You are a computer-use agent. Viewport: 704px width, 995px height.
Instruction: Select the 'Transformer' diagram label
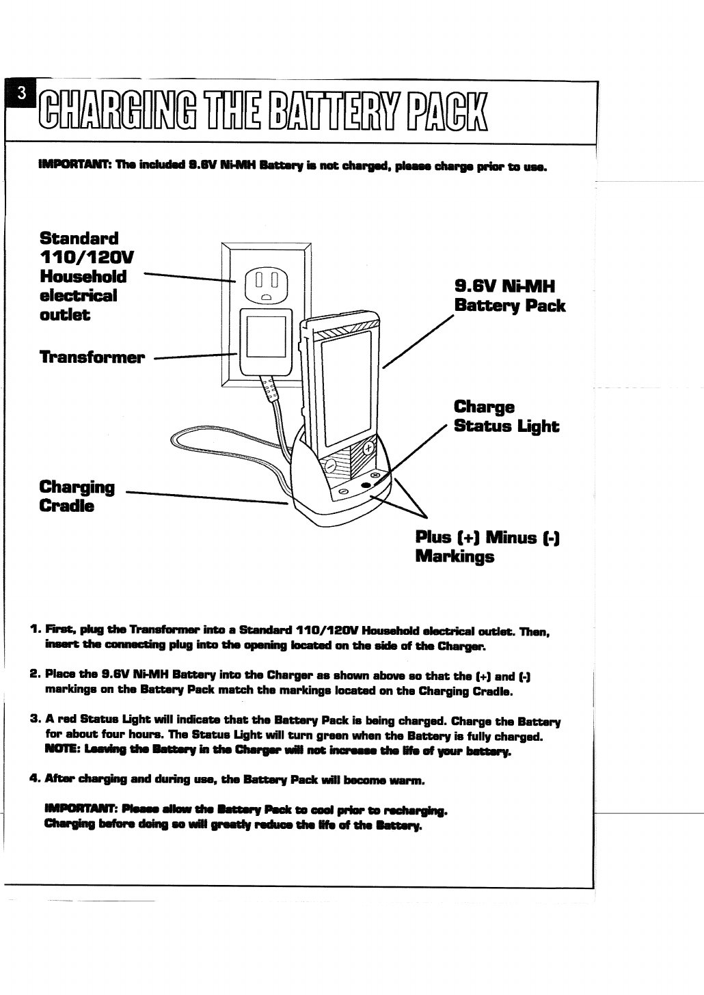[x=92, y=357]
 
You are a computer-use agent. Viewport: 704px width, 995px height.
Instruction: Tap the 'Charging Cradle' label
[x=77, y=497]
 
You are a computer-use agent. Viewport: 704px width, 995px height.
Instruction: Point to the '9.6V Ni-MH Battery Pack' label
[x=509, y=295]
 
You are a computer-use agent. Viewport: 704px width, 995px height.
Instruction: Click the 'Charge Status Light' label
[x=506, y=417]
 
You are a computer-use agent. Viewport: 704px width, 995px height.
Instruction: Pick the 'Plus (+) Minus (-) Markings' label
[x=488, y=547]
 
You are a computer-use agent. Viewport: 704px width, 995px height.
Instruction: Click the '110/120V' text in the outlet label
[x=87, y=258]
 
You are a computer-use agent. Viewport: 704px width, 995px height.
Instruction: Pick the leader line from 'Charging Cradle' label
[x=205, y=497]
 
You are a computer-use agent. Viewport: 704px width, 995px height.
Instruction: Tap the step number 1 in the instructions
[x=34, y=628]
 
